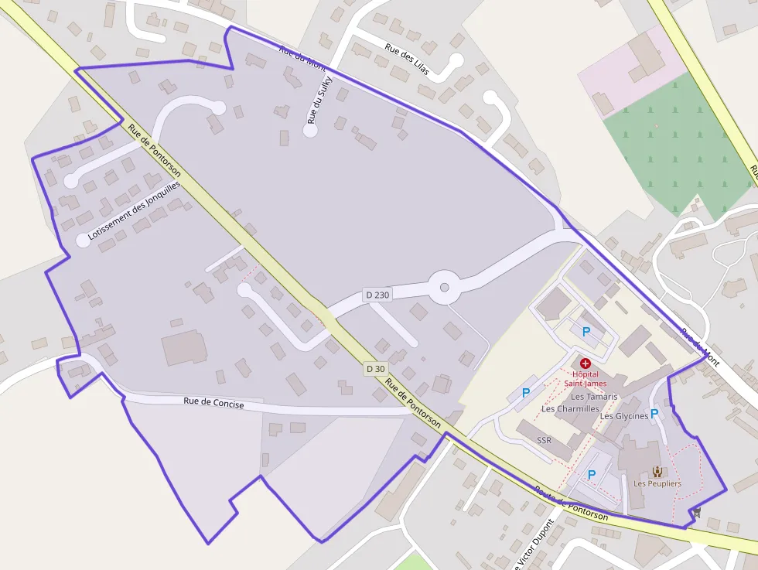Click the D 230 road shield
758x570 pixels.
tap(377, 295)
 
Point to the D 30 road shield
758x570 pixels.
tap(375, 369)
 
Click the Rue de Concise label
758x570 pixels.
tap(213, 404)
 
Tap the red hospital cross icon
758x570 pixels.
tap(585, 363)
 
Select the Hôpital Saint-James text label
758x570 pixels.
tap(584, 378)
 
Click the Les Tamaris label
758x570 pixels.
tap(594, 397)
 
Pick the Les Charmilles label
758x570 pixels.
tap(570, 408)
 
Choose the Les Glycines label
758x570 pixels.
tap(623, 416)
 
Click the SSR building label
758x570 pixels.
tap(544, 440)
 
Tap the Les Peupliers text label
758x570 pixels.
tap(657, 483)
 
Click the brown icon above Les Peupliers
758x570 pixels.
tap(657, 471)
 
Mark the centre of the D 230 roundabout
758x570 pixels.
tap(444, 288)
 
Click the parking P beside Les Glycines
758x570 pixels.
tap(654, 414)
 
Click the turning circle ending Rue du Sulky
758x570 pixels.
tap(310, 131)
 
